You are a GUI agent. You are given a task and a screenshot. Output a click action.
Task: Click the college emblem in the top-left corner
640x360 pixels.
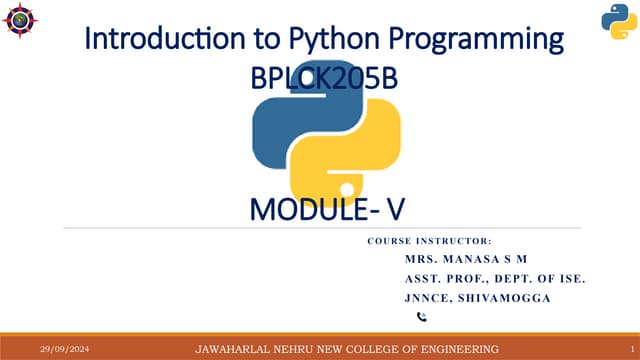coord(21,21)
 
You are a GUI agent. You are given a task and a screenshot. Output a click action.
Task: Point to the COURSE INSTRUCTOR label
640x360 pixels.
coord(429,241)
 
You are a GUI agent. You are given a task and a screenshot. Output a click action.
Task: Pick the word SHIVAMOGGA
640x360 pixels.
coord(511,297)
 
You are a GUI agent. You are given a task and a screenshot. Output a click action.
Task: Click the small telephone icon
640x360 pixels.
coord(421,317)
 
